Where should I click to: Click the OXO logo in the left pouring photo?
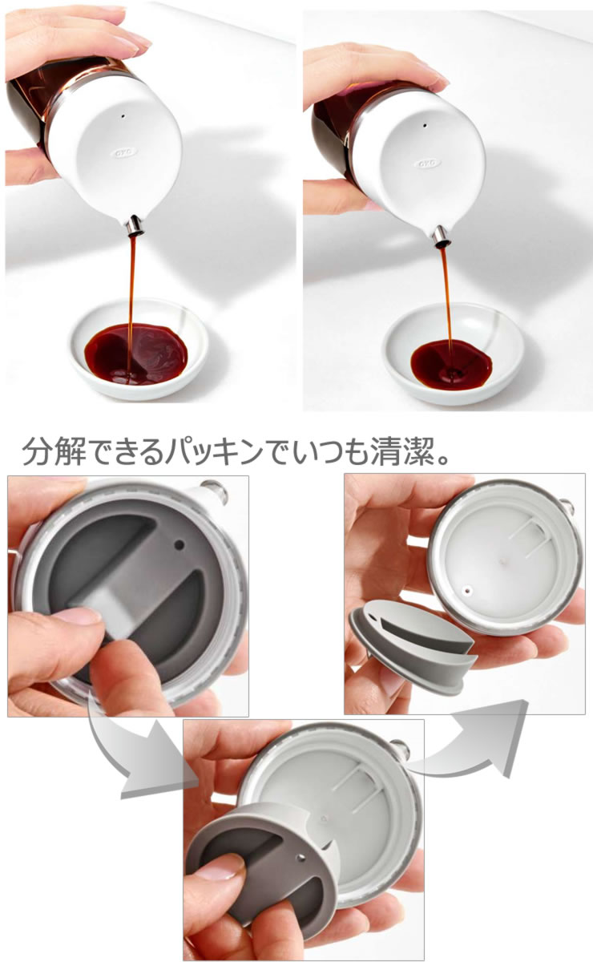pyautogui.click(x=122, y=149)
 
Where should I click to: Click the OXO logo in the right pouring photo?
pyautogui.click(x=427, y=163)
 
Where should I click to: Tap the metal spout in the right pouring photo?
pyautogui.click(x=439, y=233)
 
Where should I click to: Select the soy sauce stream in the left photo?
pyautogui.click(x=131, y=289)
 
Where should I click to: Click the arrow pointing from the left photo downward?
pyautogui.click(x=136, y=758)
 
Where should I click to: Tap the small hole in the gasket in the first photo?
pyautogui.click(x=179, y=545)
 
